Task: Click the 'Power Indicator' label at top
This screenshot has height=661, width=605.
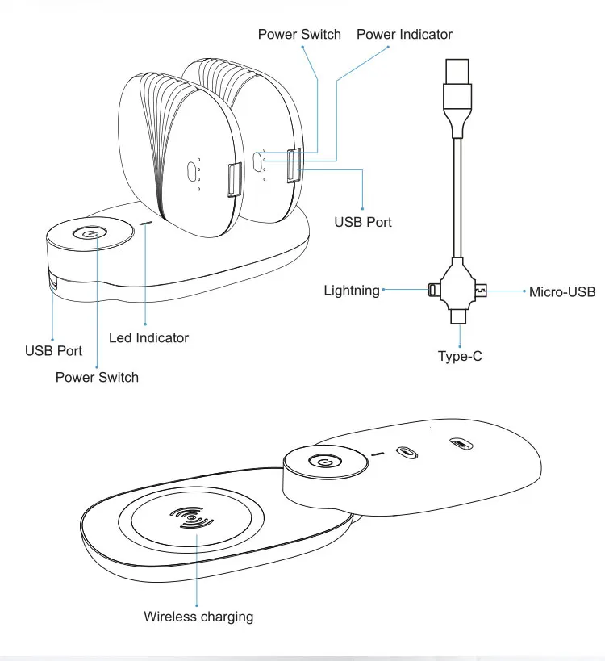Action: (404, 34)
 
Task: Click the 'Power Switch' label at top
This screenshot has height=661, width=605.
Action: (299, 34)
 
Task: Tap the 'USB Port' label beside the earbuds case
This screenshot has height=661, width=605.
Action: (363, 221)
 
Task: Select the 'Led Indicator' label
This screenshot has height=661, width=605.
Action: (148, 337)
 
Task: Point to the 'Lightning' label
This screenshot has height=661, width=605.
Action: (352, 290)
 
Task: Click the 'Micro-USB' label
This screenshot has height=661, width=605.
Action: (562, 291)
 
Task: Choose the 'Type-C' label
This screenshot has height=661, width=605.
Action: (460, 355)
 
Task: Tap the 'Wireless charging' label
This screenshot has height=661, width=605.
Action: (198, 617)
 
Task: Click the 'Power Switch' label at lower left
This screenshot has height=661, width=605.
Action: (97, 377)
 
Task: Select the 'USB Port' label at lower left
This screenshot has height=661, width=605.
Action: (53, 350)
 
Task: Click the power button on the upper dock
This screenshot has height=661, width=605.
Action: (88, 232)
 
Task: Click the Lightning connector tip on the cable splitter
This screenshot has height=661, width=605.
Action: (432, 289)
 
